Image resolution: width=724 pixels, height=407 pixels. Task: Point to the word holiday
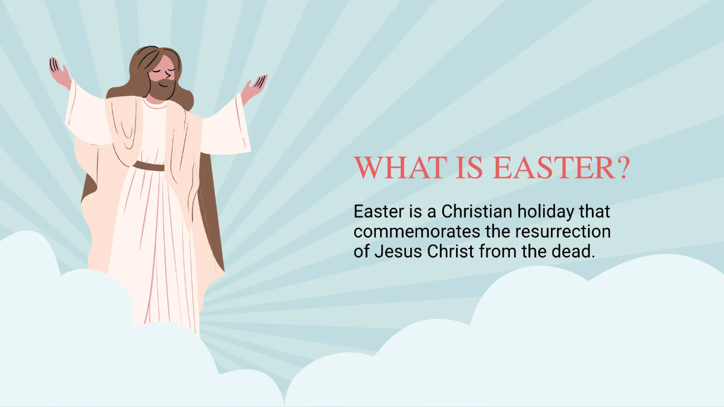tap(554, 212)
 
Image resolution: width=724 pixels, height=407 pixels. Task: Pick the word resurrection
tap(562, 232)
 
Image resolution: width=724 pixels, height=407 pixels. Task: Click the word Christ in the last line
tap(452, 251)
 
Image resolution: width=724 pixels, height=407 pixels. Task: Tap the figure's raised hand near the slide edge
tap(60, 72)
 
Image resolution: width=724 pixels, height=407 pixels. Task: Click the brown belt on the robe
tap(148, 166)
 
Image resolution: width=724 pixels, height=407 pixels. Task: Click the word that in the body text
tap(596, 212)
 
